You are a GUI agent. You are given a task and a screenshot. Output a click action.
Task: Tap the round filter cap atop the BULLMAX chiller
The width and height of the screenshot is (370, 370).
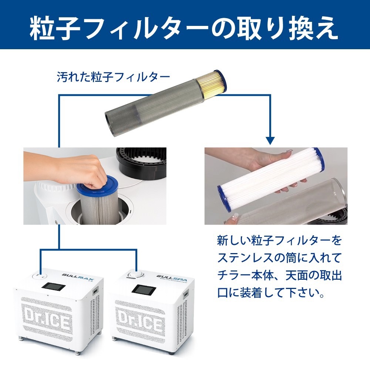40,276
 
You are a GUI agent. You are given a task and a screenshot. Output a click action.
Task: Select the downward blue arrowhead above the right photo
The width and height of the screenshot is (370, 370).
270,141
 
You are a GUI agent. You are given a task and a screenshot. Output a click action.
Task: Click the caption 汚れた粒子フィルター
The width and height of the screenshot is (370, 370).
113,77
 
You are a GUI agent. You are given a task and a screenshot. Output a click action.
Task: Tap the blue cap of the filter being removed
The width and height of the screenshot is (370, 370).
97,185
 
